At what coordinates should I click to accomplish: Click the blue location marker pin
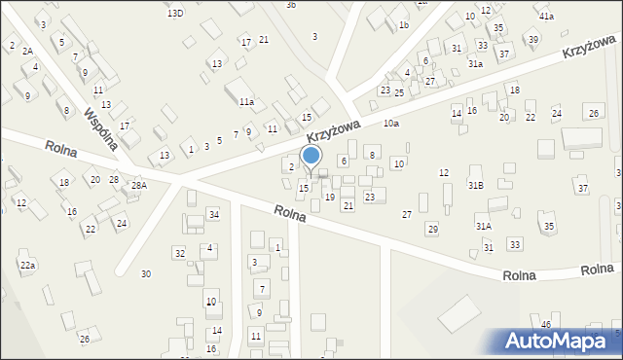click(311, 157)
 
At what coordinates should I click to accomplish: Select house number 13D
click(174, 13)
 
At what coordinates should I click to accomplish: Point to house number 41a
click(546, 17)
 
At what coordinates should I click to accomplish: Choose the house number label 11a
click(246, 101)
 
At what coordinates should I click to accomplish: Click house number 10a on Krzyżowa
click(390, 124)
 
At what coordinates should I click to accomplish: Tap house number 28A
click(139, 185)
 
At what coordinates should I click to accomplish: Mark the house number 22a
click(28, 265)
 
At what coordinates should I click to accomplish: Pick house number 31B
click(475, 184)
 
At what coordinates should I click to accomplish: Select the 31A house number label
click(483, 226)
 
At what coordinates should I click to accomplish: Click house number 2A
click(27, 51)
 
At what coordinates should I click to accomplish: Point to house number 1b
click(404, 25)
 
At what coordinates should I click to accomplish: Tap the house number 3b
click(290, 5)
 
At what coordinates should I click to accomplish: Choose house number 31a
click(475, 63)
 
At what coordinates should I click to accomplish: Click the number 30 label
click(146, 273)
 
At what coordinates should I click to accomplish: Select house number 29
click(432, 228)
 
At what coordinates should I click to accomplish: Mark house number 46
click(546, 324)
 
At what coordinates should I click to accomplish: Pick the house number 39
click(532, 39)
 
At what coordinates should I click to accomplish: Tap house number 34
click(213, 214)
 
